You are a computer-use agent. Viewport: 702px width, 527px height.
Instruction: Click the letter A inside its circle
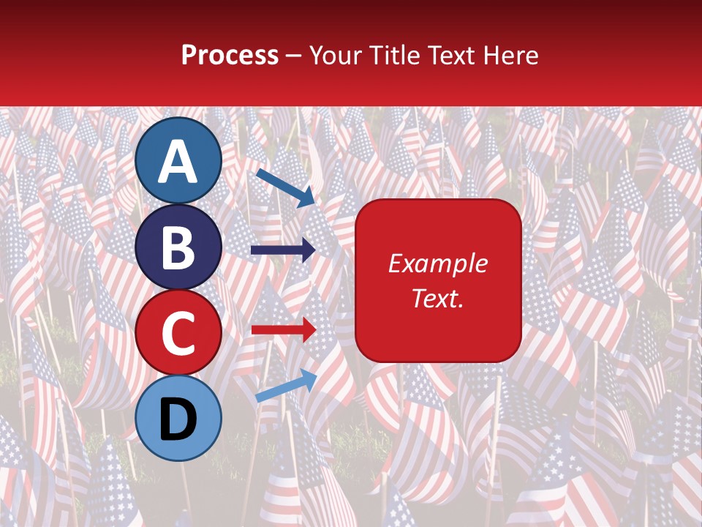pos(178,162)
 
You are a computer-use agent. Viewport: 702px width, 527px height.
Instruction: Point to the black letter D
pos(178,420)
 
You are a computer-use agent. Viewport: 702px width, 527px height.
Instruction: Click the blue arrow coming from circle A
pos(284,187)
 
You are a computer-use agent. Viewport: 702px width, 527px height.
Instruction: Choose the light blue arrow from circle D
pos(286,385)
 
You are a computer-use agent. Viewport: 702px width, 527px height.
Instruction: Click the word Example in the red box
pos(438,263)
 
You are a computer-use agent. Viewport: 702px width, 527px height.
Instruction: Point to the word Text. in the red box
pos(438,298)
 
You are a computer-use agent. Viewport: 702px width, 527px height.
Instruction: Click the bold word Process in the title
pos(230,55)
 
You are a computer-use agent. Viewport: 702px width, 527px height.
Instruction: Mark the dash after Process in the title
pos(294,56)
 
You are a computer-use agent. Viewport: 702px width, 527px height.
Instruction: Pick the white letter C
pos(178,333)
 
